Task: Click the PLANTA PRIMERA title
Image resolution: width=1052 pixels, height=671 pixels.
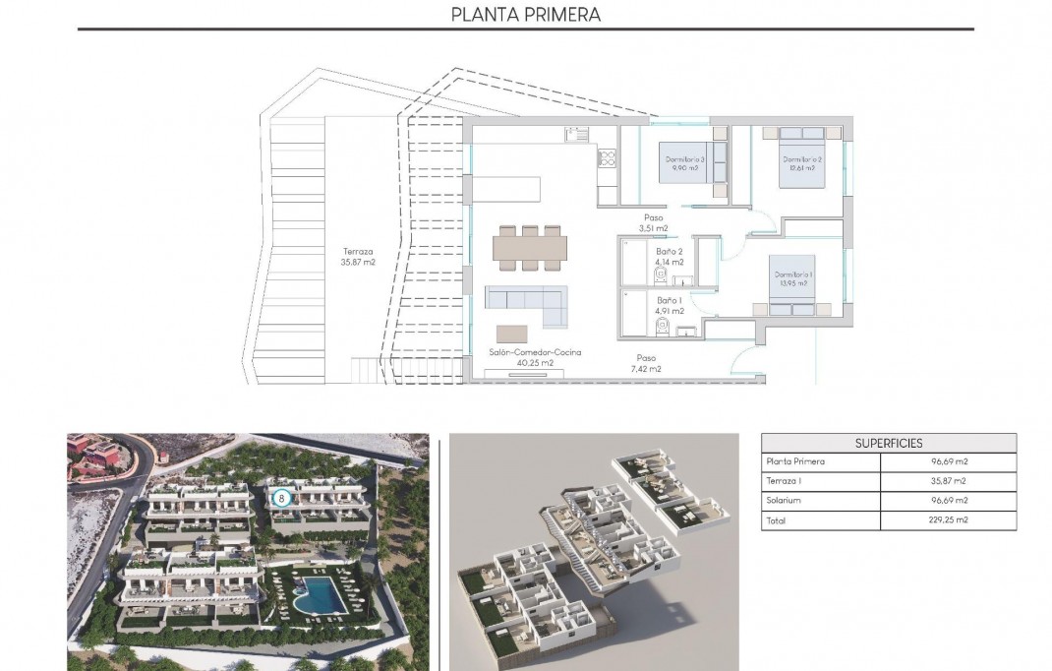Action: [525, 14]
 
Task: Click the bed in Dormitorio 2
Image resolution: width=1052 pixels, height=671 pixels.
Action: [802, 153]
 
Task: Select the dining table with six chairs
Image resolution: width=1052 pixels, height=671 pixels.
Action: [530, 246]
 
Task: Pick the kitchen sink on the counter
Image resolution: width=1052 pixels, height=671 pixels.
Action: [576, 135]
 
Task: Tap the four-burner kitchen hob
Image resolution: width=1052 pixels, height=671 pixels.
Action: [607, 158]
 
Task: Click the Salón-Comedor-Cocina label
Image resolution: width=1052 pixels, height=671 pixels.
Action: [535, 357]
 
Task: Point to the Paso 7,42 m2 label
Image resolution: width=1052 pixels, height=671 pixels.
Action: [646, 364]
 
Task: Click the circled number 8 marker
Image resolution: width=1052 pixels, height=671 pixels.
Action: [282, 498]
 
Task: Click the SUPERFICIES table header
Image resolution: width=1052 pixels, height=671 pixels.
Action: [889, 443]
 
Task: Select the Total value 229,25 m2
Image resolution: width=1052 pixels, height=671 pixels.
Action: [948, 520]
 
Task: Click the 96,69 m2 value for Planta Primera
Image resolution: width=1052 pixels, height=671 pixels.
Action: [948, 461]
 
